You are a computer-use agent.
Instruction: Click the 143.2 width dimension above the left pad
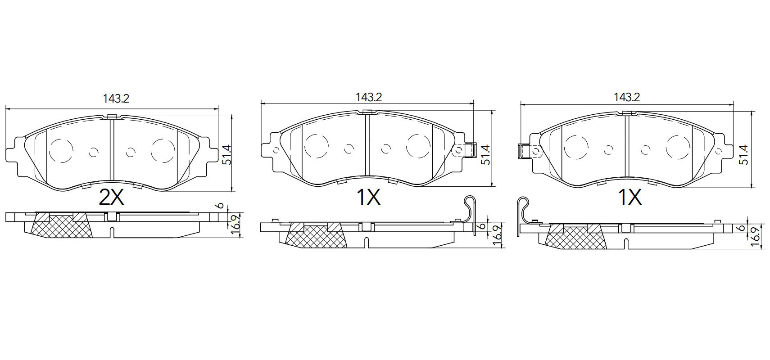[116, 99]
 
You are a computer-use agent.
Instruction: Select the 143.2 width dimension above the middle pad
[369, 98]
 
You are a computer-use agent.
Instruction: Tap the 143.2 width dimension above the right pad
[627, 98]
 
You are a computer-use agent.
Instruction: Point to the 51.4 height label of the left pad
[227, 155]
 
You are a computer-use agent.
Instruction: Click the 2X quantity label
[111, 197]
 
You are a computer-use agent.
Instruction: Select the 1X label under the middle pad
[369, 197]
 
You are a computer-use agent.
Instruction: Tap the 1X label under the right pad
[630, 197]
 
